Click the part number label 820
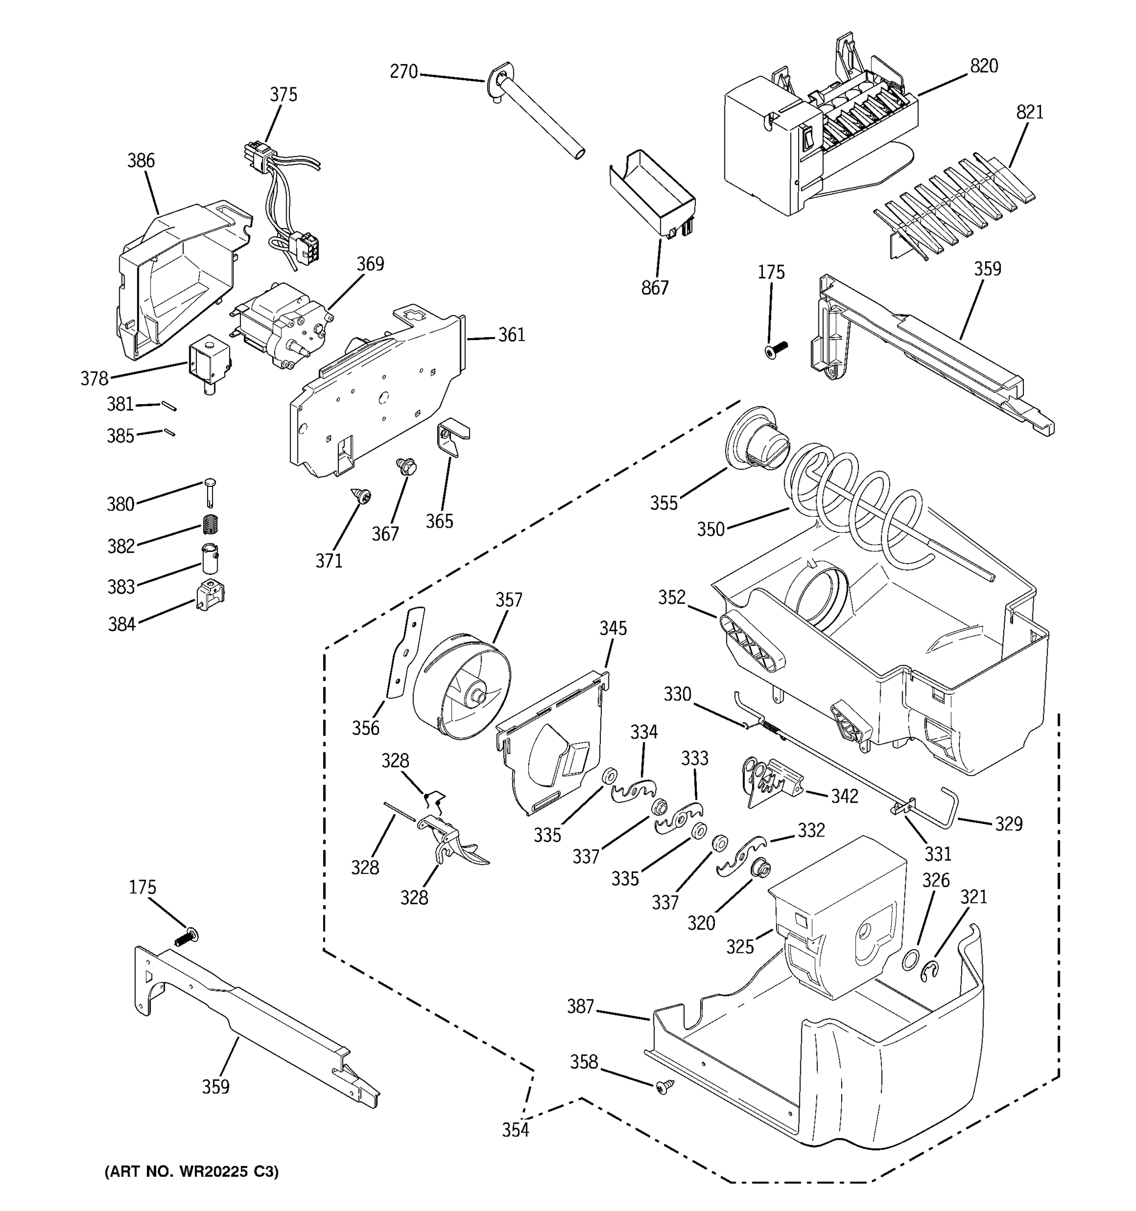click(x=984, y=66)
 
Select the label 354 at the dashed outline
click(x=515, y=1130)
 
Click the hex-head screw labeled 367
click(x=405, y=467)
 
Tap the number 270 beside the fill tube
click(x=403, y=72)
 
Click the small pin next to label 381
click(x=169, y=405)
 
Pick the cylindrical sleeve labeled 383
click(x=210, y=559)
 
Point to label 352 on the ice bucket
click(x=672, y=597)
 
